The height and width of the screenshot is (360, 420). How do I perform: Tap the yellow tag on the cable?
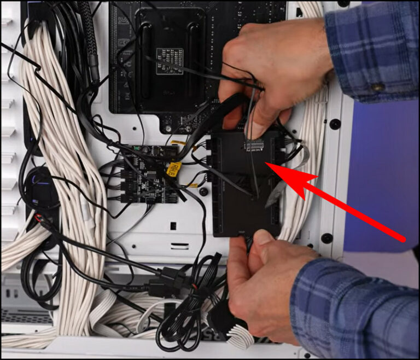tap(174, 169)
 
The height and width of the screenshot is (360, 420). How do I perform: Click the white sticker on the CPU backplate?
tap(169, 61)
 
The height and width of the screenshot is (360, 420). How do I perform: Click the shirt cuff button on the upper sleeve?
tap(377, 87)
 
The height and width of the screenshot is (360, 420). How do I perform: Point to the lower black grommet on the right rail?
tap(327, 238)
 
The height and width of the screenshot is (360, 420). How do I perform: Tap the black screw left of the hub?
tap(203, 191)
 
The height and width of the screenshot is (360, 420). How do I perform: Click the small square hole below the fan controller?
tap(173, 225)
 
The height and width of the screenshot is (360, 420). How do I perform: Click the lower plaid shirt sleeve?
tap(355, 306)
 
